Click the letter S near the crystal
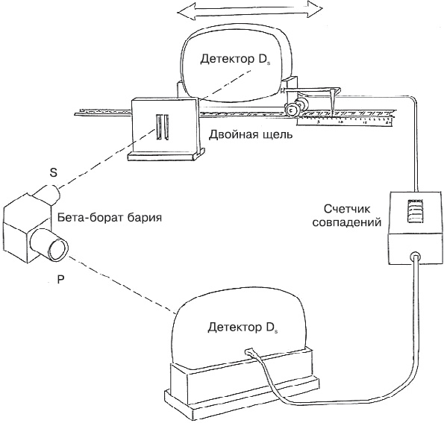[53, 172]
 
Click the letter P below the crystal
[60, 280]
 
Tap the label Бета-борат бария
[110, 218]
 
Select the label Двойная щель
[251, 135]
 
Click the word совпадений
[346, 223]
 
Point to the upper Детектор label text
[235, 60]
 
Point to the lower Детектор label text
[243, 328]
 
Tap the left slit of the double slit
[159, 127]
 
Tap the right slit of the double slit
[166, 127]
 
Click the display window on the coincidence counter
[415, 213]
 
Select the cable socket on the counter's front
[416, 256]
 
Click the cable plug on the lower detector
[249, 352]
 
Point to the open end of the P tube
[59, 249]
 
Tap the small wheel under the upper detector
[290, 110]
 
